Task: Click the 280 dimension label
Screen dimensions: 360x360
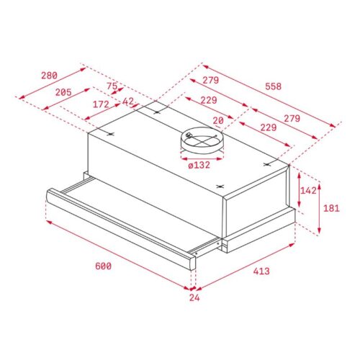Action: coord(48,76)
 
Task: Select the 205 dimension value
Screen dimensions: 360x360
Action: coord(63,91)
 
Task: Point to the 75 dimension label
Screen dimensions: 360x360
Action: coord(111,86)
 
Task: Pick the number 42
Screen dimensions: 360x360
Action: coord(128,102)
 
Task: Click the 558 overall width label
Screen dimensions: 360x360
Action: coord(272,86)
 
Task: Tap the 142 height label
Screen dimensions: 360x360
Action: coord(308,191)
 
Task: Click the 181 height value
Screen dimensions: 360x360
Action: coord(330,208)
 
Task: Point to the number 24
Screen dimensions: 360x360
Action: coord(193,297)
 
